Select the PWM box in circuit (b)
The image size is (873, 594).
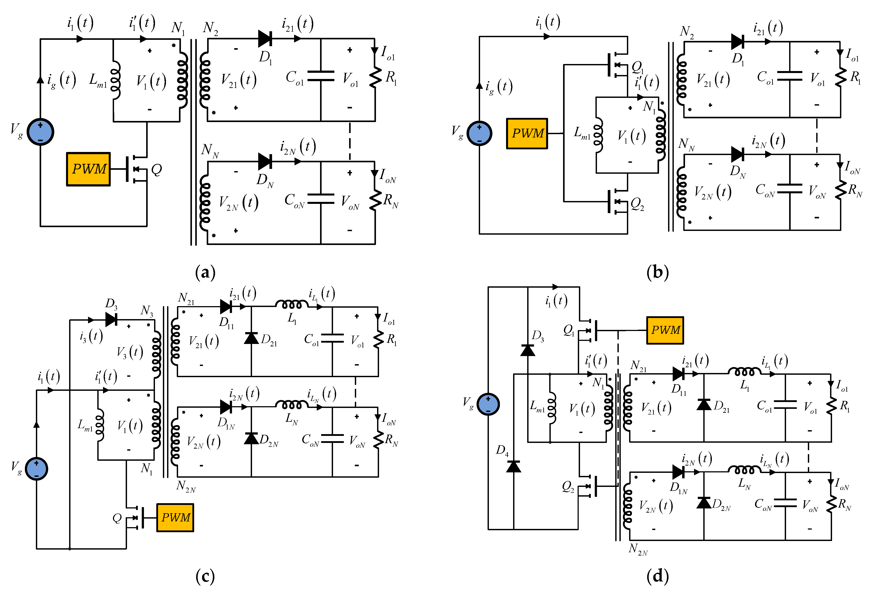527,133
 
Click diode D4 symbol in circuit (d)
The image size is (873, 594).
514,467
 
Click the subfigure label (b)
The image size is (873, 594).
657,272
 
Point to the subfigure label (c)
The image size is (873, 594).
205,576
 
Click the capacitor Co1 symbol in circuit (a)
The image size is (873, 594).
320,76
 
